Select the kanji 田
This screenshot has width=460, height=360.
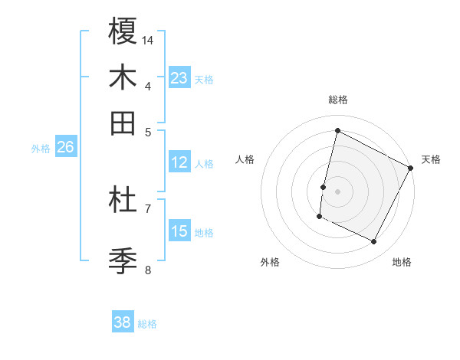tap(123, 123)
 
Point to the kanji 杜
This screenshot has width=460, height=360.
tap(123, 201)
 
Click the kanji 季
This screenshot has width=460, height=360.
tap(123, 261)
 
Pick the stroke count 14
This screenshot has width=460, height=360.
tap(148, 40)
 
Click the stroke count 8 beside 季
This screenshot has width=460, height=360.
tap(148, 270)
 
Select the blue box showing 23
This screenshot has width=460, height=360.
tap(179, 78)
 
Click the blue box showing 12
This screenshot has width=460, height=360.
tap(179, 162)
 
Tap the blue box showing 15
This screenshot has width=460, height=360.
tap(179, 231)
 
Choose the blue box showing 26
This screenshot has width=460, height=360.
tap(65, 148)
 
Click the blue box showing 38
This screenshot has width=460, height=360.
tap(122, 322)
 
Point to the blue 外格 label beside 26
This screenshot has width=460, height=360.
tap(41, 149)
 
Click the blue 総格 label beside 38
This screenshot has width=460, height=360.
tap(147, 323)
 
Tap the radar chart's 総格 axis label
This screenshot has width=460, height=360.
tap(338, 100)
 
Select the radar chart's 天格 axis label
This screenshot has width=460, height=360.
tap(431, 159)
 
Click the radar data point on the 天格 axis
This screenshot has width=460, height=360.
tap(411, 168)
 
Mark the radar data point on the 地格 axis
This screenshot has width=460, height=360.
tap(373, 242)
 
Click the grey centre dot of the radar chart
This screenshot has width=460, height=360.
tap(338, 191)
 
